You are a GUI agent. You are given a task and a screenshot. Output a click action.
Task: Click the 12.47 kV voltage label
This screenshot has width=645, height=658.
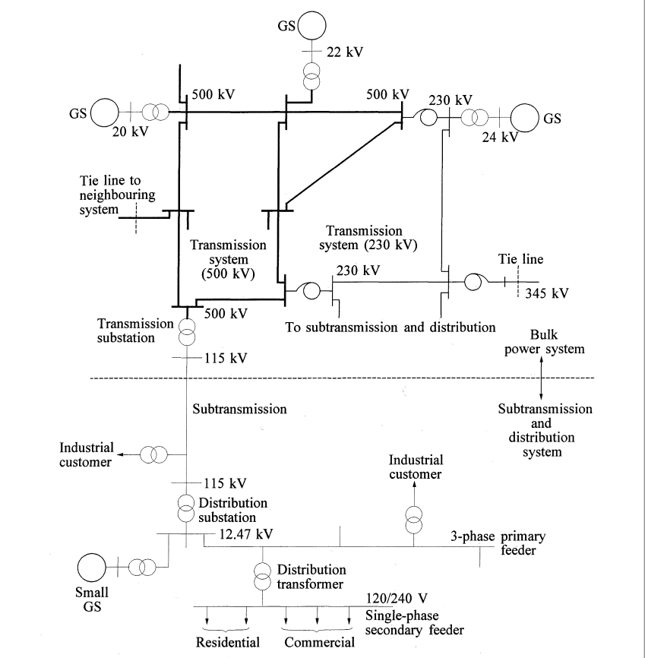[x=245, y=533]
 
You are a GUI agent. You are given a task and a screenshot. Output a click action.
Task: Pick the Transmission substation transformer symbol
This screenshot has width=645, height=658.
[x=186, y=331]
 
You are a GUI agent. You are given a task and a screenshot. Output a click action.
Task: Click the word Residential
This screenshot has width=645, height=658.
[x=228, y=642]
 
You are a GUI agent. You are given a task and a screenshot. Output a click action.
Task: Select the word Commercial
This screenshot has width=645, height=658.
[x=320, y=642]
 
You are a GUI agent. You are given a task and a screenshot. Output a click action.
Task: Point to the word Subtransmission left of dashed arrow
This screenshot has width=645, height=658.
[x=239, y=409]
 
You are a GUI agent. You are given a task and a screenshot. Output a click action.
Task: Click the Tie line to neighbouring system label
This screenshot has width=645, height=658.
[x=118, y=195]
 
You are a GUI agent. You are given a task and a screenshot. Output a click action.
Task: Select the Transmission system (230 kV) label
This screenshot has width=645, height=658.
[x=372, y=238]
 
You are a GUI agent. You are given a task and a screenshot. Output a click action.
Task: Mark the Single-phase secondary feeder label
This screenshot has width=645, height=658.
[x=414, y=622]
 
